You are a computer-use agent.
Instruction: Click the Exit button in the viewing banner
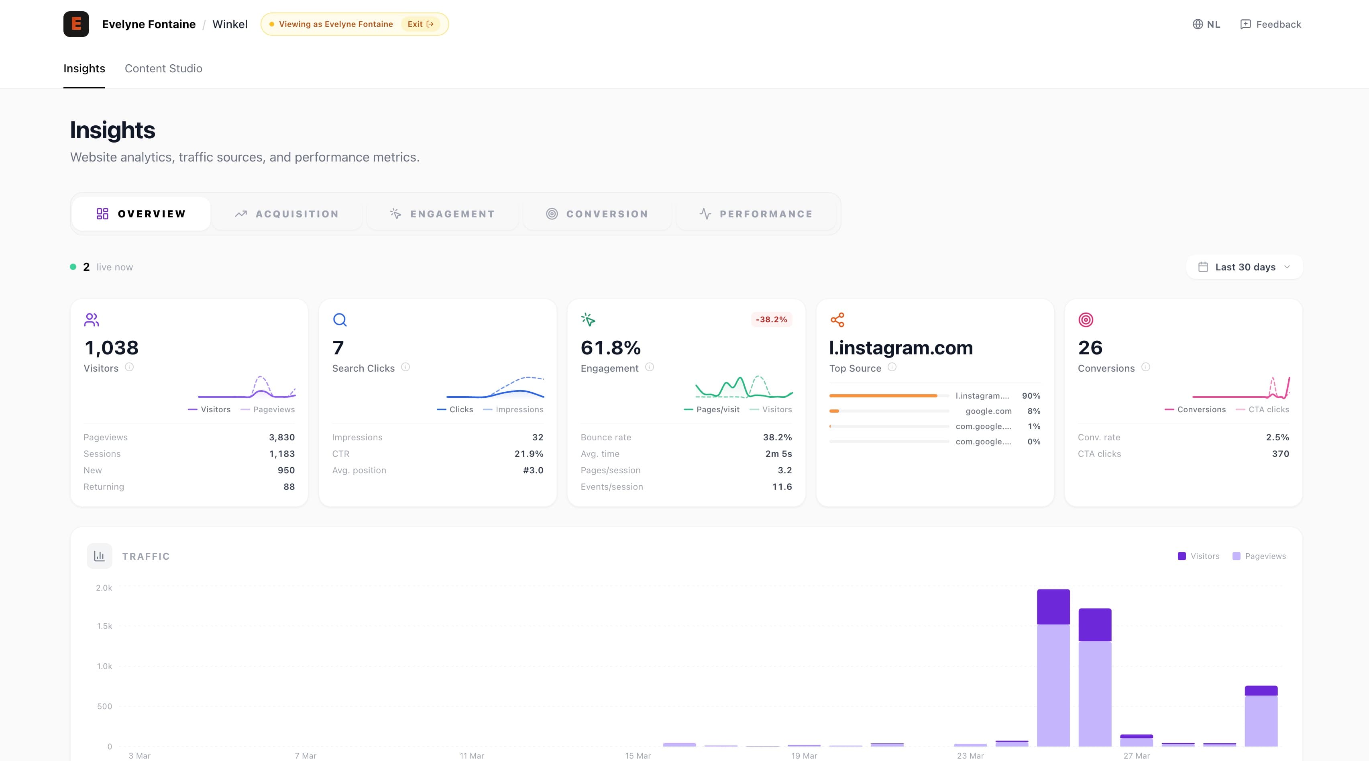pyautogui.click(x=420, y=24)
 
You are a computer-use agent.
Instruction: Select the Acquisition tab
pyautogui.click(x=287, y=214)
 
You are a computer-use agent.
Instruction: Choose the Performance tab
pyautogui.click(x=756, y=214)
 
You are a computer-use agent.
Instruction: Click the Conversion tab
pyautogui.click(x=597, y=214)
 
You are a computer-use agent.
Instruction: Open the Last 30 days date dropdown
pyautogui.click(x=1244, y=267)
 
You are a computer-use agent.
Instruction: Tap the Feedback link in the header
pyautogui.click(x=1270, y=25)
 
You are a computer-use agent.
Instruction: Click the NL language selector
pyautogui.click(x=1206, y=25)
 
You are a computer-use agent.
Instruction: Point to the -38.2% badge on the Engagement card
pyautogui.click(x=771, y=319)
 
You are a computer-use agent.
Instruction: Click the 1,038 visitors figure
pyautogui.click(x=111, y=348)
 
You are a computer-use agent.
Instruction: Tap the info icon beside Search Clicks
pyautogui.click(x=405, y=367)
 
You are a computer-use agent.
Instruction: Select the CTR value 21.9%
pyautogui.click(x=528, y=454)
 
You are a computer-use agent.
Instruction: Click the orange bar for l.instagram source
pyautogui.click(x=883, y=396)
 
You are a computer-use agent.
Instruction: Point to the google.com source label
pyautogui.click(x=988, y=411)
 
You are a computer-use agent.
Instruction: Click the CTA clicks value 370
pyautogui.click(x=1280, y=454)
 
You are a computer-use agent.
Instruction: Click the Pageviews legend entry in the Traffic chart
pyautogui.click(x=1259, y=556)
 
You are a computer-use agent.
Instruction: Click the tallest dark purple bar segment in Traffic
pyautogui.click(x=1053, y=607)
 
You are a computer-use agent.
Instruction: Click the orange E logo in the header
pyautogui.click(x=76, y=24)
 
